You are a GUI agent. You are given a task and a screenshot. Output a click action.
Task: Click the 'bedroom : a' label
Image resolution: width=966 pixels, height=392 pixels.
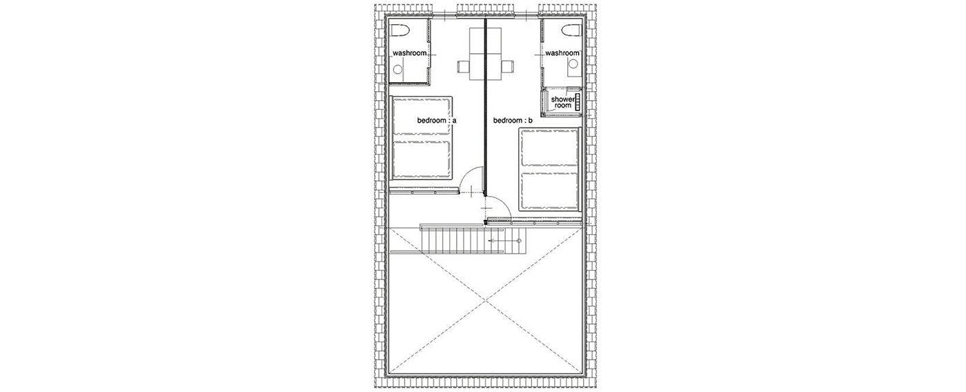click(x=436, y=120)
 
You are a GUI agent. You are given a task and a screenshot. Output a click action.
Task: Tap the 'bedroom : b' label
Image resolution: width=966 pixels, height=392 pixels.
click(x=513, y=120)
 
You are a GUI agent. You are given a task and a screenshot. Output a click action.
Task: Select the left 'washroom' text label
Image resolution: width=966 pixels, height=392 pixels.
click(x=410, y=53)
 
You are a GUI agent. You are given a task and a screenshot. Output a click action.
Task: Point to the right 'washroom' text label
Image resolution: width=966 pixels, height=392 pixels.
click(x=562, y=53)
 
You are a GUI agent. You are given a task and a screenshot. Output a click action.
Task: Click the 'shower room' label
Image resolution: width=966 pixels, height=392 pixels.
click(x=563, y=102)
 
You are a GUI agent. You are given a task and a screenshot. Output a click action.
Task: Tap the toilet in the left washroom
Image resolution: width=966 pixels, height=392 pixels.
click(x=97, y=31)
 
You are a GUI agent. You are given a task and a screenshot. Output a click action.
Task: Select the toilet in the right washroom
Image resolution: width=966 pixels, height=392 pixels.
click(x=572, y=31)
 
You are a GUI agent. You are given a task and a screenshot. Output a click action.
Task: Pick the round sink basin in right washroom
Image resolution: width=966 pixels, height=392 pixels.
click(x=573, y=64)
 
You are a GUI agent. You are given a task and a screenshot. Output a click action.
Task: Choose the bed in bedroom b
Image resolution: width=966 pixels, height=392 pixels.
click(x=549, y=169)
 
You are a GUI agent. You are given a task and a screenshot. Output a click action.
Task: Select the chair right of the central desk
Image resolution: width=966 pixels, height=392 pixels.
click(x=507, y=67)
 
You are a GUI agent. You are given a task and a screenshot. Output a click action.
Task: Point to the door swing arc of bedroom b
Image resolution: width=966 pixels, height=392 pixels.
click(x=504, y=205)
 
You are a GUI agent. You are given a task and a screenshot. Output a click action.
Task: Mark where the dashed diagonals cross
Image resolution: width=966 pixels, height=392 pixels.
click(x=486, y=300)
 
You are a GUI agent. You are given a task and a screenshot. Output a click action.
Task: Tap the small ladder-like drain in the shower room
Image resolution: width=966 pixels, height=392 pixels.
click(x=578, y=103)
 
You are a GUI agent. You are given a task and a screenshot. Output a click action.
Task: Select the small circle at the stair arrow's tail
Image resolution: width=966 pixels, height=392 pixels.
click(x=519, y=241)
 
